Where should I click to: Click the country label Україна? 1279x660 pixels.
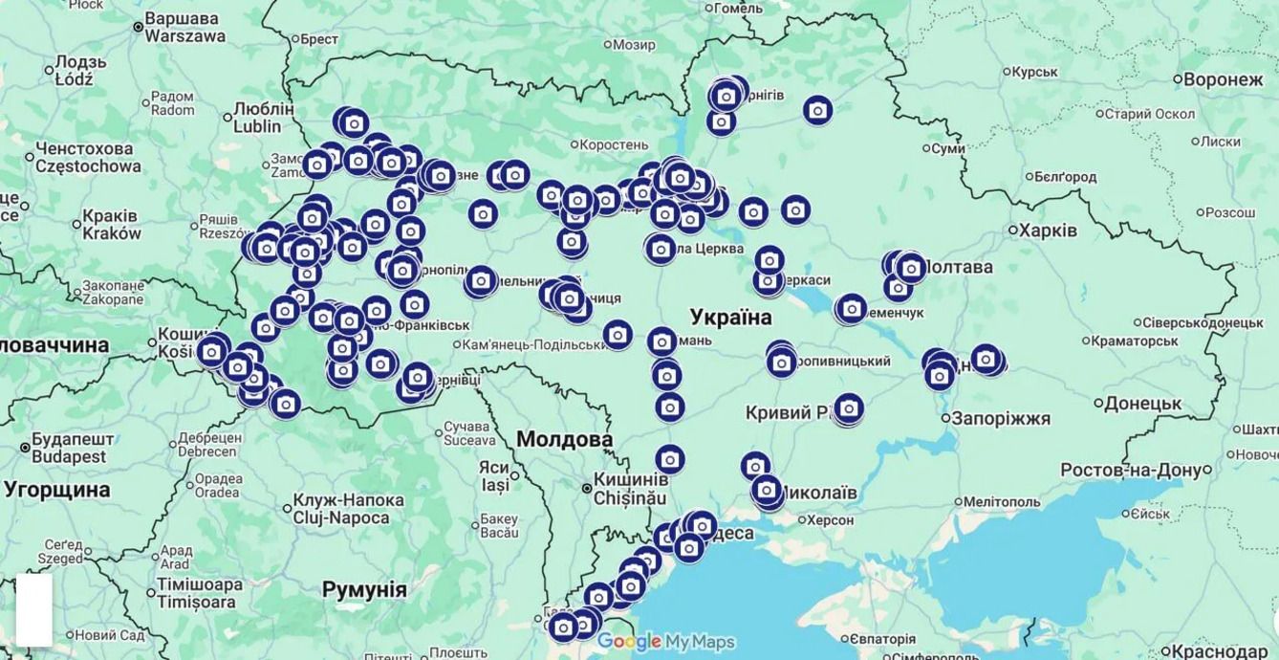click(x=730, y=317)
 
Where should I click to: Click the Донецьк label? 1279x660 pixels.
click(x=1142, y=404)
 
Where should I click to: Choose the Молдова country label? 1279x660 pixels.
click(x=564, y=439)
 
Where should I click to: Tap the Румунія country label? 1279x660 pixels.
click(x=364, y=588)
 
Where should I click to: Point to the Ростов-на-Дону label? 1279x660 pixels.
click(x=1131, y=470)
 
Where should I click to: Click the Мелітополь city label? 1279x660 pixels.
click(x=1001, y=501)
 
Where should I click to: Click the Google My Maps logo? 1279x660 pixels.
click(x=666, y=641)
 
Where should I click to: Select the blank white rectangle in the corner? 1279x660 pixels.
click(x=33, y=609)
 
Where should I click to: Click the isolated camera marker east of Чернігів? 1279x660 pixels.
click(x=817, y=111)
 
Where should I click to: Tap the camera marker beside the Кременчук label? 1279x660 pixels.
click(x=850, y=309)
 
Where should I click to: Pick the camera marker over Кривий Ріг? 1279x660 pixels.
click(x=848, y=409)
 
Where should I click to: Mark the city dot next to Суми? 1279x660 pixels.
click(x=925, y=148)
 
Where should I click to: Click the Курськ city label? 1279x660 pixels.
click(x=1034, y=72)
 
